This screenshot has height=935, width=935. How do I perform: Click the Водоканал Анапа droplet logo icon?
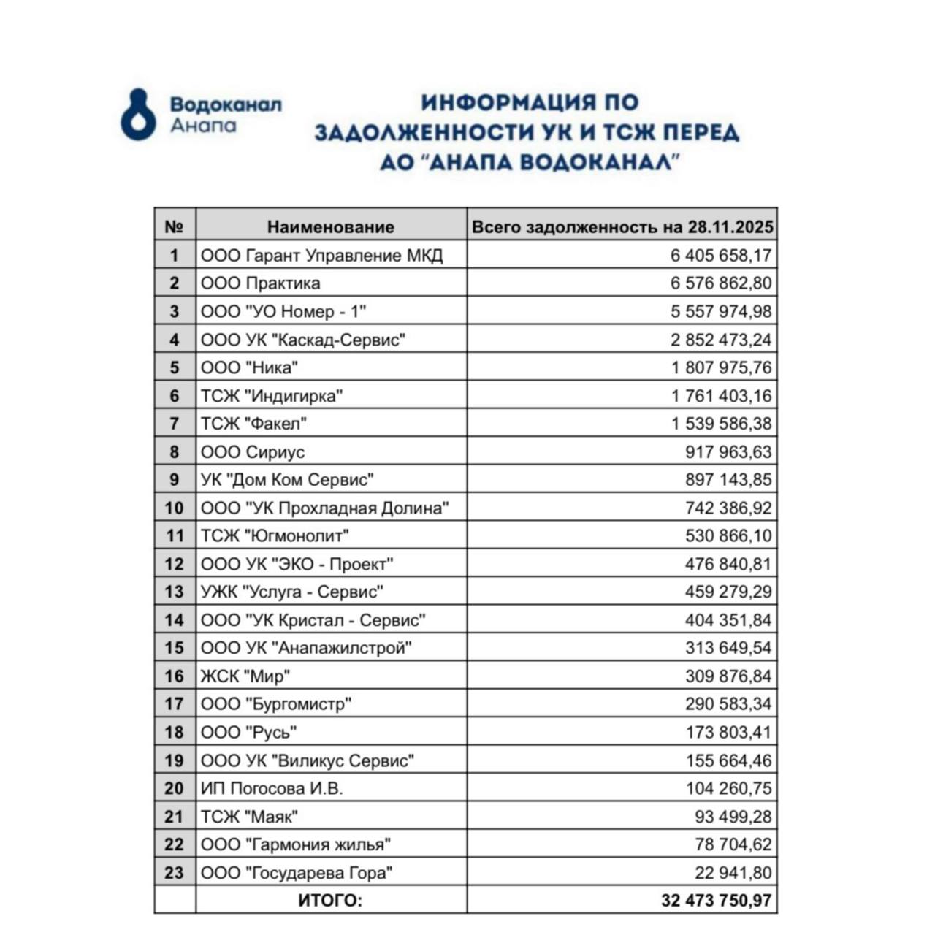tap(138, 115)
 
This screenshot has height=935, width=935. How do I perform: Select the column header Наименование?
tap(330, 227)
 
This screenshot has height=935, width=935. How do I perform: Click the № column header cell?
tap(175, 227)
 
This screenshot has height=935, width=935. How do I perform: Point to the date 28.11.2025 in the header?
tap(730, 227)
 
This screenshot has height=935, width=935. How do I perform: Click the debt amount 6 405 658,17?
tap(721, 256)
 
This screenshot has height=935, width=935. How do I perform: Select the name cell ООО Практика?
tap(261, 283)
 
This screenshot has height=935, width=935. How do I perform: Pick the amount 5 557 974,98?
tap(721, 311)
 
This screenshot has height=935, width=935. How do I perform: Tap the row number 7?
tap(175, 424)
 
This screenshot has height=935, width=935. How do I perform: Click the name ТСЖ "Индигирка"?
tap(272, 396)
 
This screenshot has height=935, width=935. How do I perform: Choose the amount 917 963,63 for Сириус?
tap(728, 452)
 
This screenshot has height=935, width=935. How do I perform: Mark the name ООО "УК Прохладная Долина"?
tap(325, 508)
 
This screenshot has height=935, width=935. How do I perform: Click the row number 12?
tap(175, 564)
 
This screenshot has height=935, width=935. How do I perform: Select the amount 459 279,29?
tap(728, 592)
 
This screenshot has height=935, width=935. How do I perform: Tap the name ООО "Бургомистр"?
tap(276, 704)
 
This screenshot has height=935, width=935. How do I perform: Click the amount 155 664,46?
tap(728, 760)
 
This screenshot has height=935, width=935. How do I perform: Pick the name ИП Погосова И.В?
tap(272, 788)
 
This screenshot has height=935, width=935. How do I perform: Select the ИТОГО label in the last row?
tap(330, 901)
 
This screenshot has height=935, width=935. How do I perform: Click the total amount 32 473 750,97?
tap(716, 901)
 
